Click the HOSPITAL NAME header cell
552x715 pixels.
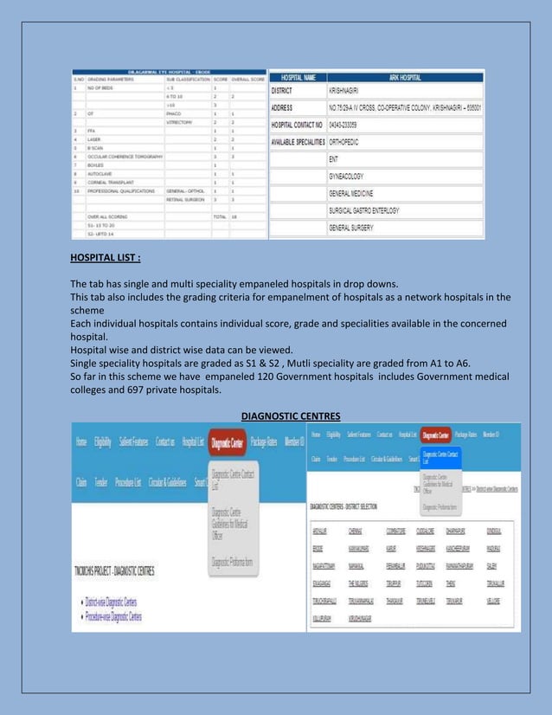pos(298,78)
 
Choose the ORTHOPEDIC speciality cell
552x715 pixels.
pos(353,143)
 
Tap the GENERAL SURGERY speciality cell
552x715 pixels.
pos(358,228)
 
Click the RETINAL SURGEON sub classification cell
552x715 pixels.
pos(185,198)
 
